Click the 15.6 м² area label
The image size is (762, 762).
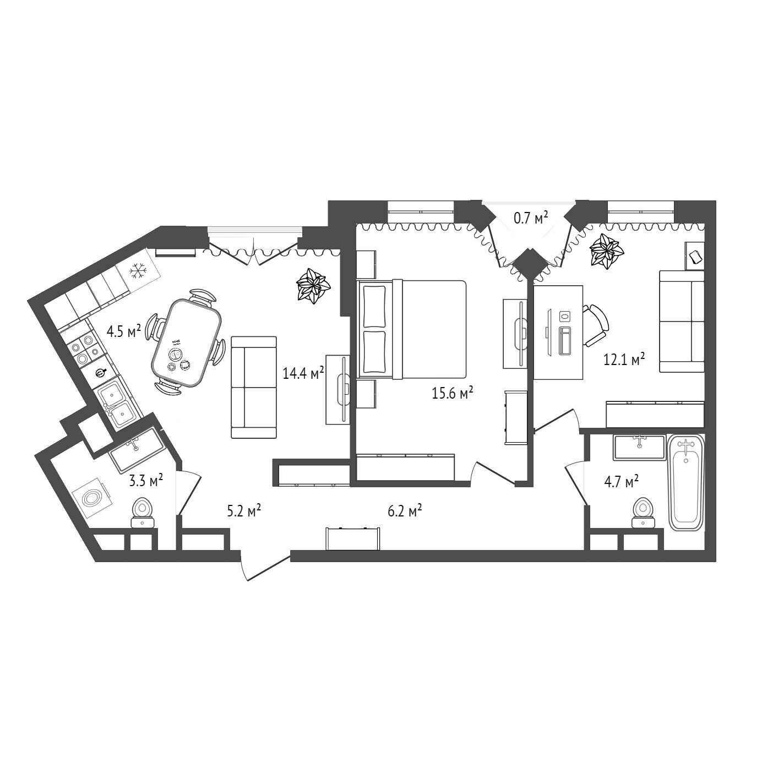(x=453, y=394)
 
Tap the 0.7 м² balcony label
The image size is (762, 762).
(x=531, y=217)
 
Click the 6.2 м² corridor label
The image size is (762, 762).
(x=405, y=511)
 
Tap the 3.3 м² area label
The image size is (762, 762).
(x=146, y=481)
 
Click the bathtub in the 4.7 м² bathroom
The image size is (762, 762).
(x=686, y=482)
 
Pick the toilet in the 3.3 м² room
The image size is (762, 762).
(x=143, y=513)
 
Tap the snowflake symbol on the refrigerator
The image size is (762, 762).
(x=137, y=271)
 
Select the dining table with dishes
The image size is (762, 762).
(x=186, y=343)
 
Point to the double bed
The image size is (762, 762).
(x=411, y=330)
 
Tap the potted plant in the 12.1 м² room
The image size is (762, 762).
(x=606, y=252)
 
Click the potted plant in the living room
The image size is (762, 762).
(x=313, y=286)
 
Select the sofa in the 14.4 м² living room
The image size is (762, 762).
(x=253, y=387)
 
